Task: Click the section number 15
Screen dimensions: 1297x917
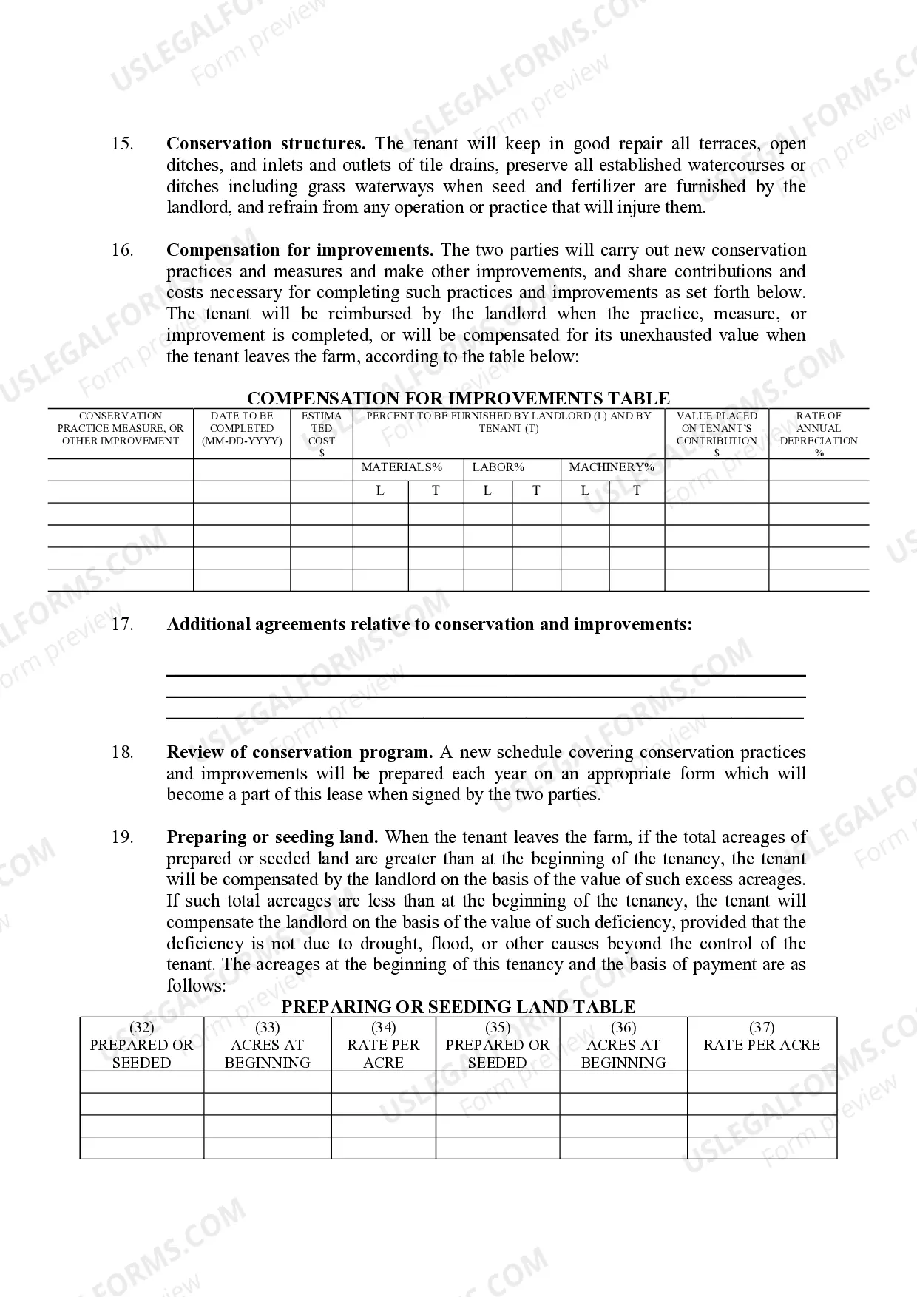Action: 122,143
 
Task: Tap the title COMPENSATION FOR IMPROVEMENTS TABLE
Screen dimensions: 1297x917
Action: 458,399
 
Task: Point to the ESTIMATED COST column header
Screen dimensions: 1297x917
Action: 322,433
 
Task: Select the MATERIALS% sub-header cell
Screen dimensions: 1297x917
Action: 402,467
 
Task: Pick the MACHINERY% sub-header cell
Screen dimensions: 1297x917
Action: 612,467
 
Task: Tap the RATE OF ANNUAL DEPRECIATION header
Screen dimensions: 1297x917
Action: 819,433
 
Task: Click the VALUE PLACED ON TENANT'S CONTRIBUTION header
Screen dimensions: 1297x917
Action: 717,433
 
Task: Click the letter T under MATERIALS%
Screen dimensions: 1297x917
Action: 436,490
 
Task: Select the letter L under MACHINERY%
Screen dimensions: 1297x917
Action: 585,490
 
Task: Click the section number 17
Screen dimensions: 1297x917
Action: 122,624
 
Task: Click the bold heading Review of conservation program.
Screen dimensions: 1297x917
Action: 300,752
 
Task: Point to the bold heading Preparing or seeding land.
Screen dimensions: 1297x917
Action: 272,837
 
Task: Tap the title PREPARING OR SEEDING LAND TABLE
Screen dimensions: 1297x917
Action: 458,1007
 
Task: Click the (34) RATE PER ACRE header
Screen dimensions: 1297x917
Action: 383,1044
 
